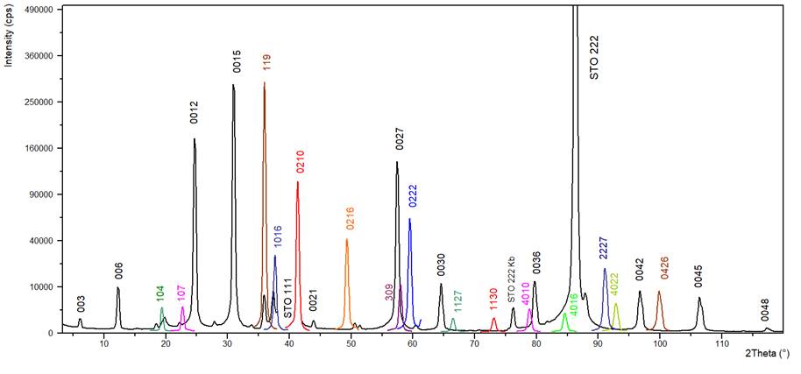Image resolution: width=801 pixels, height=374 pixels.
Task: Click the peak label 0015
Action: (x=237, y=61)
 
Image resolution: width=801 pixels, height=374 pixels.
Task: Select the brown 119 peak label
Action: (x=267, y=62)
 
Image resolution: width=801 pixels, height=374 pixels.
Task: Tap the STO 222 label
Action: (x=594, y=57)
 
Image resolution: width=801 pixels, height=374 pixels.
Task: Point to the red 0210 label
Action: (x=300, y=161)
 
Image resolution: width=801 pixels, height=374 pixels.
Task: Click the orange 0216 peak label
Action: (x=350, y=219)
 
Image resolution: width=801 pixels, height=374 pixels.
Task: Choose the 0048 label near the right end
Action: (x=764, y=310)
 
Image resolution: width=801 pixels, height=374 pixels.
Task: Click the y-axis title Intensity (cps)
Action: (x=9, y=36)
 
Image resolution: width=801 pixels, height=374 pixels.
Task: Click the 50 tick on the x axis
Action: (x=351, y=341)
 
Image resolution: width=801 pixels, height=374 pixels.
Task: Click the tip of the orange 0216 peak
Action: (x=347, y=239)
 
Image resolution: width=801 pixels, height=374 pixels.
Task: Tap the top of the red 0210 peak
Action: (x=298, y=181)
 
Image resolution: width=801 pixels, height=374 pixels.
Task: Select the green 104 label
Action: (x=160, y=293)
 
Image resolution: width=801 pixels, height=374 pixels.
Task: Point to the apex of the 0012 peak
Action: (x=195, y=138)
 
